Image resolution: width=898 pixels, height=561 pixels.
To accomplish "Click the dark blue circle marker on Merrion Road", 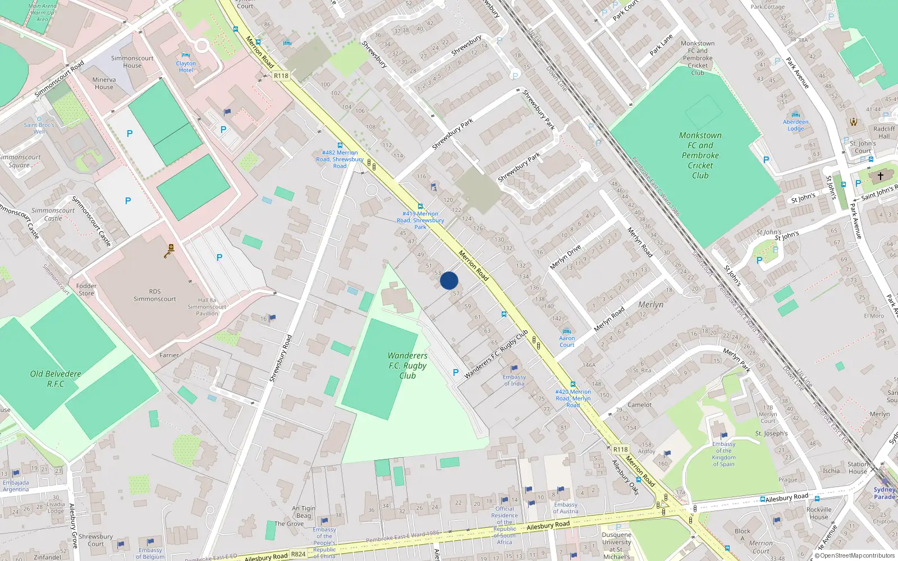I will (x=449, y=280).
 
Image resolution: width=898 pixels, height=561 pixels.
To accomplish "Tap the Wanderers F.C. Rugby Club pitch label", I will (x=407, y=366).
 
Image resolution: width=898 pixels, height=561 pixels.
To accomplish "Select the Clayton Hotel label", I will (x=186, y=66).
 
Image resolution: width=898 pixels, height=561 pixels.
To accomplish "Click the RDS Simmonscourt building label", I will (x=155, y=295).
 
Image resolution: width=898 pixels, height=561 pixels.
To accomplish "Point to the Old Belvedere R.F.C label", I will (x=56, y=379).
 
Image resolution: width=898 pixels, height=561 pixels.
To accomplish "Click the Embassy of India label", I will (x=514, y=380).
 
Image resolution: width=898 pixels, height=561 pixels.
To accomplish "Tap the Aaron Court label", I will (x=567, y=341).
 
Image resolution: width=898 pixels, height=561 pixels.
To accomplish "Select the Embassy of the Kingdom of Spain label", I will (x=723, y=454).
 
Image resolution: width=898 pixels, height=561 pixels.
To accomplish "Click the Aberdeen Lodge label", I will (x=795, y=125).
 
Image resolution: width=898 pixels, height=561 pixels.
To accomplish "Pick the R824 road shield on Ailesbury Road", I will (x=298, y=554).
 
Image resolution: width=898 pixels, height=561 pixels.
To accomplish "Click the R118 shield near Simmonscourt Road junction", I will (x=281, y=76).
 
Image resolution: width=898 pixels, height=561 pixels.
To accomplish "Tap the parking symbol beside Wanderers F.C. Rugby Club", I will (x=456, y=373).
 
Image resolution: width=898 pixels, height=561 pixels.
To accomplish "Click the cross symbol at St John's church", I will (x=881, y=176).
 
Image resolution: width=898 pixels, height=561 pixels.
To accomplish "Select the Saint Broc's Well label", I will (x=39, y=128).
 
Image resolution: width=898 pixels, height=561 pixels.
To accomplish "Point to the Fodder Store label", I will (x=86, y=289).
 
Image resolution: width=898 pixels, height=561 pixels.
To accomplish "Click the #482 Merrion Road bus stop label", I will (x=340, y=159).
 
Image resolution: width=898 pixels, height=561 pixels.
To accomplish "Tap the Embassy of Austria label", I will (x=565, y=508).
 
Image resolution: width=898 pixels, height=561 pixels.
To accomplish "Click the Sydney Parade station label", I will (x=884, y=493).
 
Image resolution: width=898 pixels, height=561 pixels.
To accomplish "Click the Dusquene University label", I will (x=616, y=542).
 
